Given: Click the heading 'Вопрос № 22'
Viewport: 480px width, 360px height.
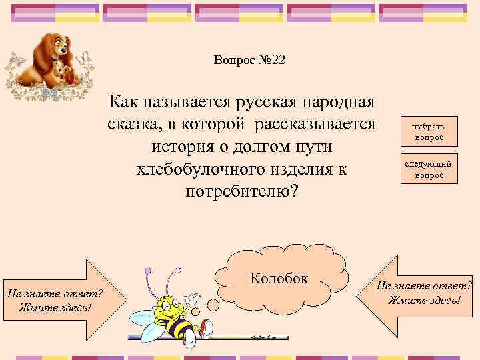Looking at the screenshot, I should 249,60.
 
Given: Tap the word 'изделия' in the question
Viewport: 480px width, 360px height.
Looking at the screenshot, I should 309,169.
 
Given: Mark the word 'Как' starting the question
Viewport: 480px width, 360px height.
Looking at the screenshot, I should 124,103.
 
